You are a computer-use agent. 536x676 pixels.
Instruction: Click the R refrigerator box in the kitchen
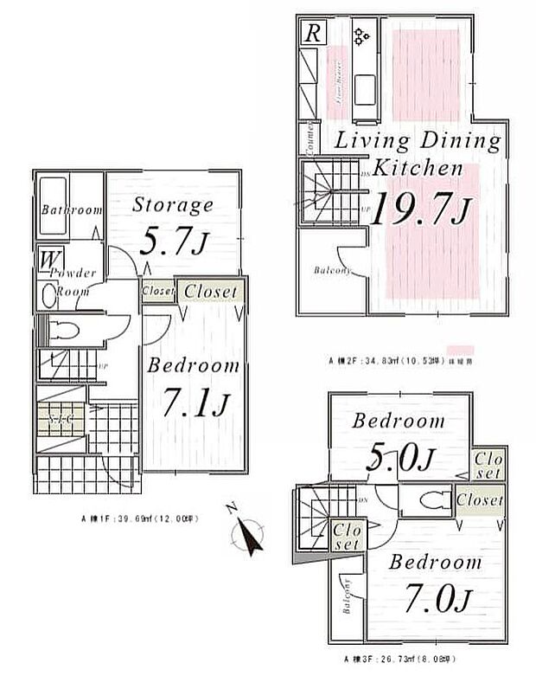[x=311, y=34]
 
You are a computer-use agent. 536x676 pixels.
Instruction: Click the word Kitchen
[x=418, y=169]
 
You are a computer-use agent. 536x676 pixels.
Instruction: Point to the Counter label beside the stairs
[x=306, y=136]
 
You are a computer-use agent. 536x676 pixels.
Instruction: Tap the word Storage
[x=173, y=205]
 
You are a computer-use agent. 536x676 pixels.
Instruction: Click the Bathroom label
[x=71, y=209]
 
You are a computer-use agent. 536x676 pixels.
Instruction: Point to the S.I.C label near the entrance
[x=61, y=419]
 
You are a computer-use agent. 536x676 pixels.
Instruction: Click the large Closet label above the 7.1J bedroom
[x=210, y=292]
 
